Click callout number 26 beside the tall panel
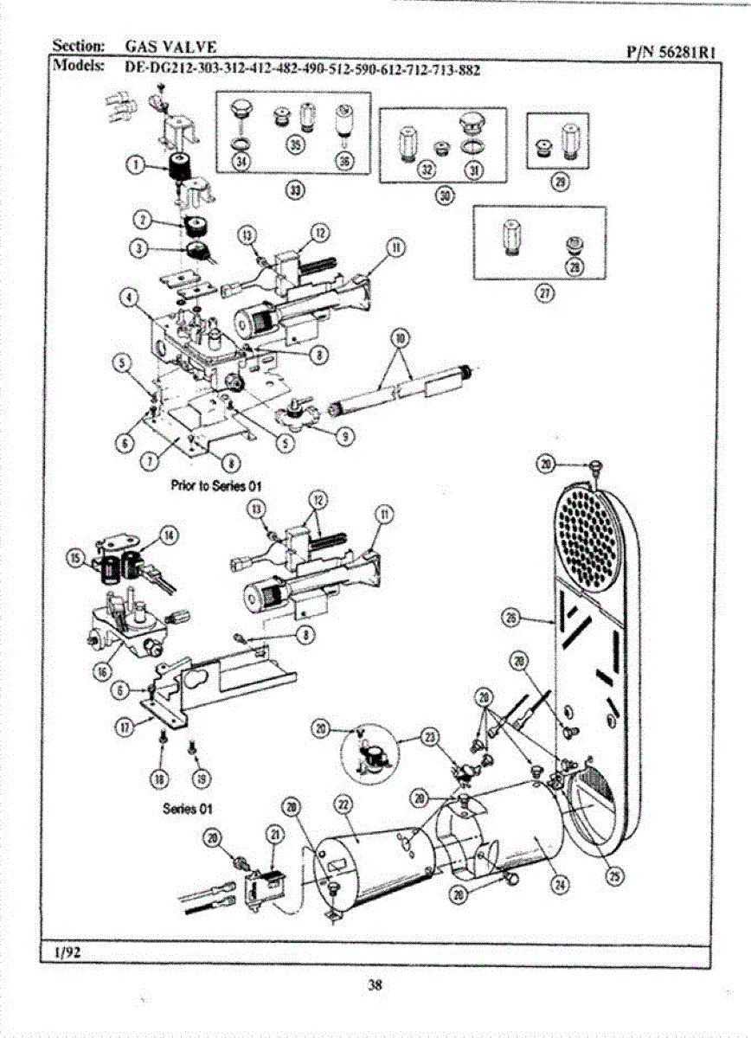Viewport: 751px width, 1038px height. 512,616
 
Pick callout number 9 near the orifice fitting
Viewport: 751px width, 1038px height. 343,436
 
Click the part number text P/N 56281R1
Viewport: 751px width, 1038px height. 671,52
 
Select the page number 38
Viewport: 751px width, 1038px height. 375,984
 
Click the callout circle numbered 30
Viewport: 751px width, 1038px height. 444,195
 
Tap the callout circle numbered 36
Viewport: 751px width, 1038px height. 344,161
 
